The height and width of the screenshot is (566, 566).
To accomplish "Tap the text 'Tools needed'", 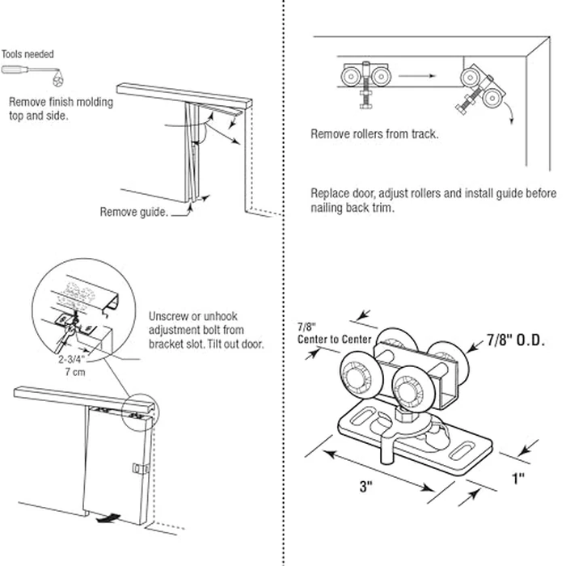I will (27, 55).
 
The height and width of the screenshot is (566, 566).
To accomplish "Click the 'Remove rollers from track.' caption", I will (374, 134).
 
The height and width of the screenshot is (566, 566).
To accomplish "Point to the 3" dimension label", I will (369, 487).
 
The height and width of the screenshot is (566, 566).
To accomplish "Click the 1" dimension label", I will (517, 477).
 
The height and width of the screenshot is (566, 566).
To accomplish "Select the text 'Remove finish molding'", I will (61, 103).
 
